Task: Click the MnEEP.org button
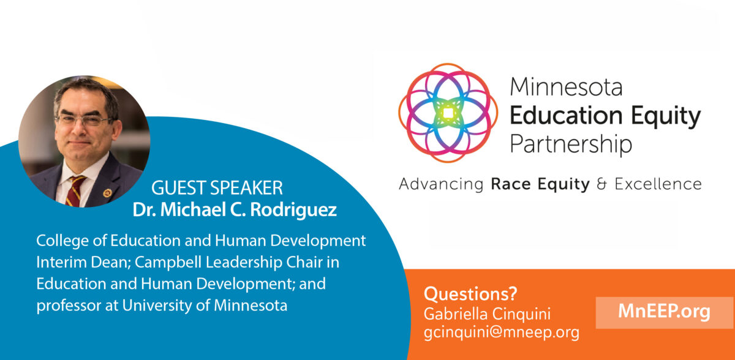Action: [665, 312]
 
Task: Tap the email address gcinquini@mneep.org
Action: [502, 332]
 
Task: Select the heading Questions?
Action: [470, 294]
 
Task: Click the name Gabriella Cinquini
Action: [487, 314]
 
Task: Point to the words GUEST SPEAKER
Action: [217, 188]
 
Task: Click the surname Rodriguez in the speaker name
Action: [293, 210]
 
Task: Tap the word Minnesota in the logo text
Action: [566, 87]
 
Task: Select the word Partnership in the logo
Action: [571, 144]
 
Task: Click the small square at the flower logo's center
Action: [448, 113]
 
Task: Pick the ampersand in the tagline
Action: [601, 184]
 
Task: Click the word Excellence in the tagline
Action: [658, 184]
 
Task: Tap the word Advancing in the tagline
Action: [441, 184]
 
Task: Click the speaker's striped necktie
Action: [75, 191]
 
